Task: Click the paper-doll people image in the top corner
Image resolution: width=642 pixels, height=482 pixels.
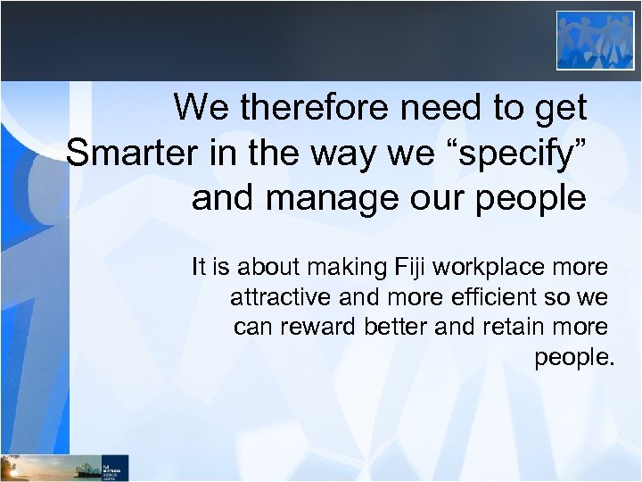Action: pos(595,40)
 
